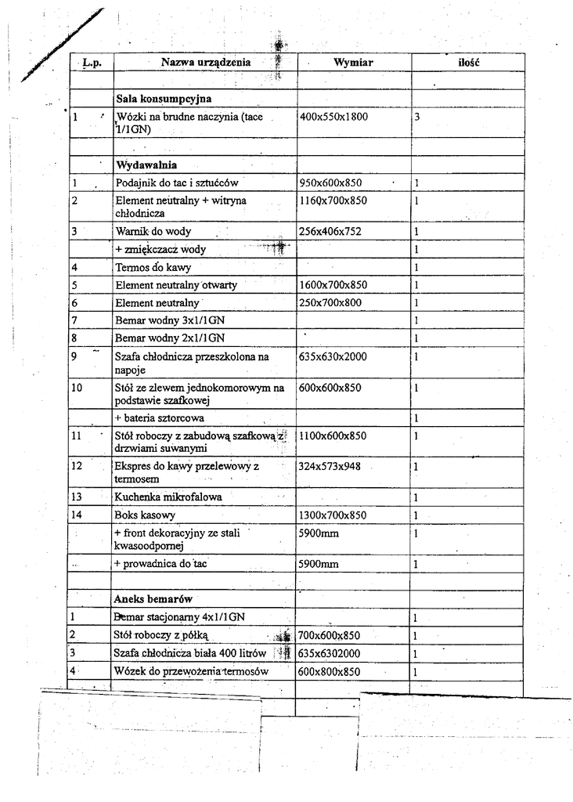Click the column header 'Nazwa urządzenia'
tap(206, 61)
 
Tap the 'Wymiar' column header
tap(353, 61)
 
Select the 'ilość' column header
tap(468, 61)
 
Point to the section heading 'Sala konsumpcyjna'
tap(164, 99)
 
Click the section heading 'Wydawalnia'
tap(146, 165)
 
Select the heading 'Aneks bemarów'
tap(153, 598)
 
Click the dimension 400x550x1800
tap(333, 117)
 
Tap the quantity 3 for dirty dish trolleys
tap(418, 117)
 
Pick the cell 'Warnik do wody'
tap(153, 232)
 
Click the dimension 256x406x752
tap(330, 232)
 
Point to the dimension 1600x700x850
tap(333, 285)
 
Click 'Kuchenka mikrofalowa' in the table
tap(168, 497)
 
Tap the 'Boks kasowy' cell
tap(145, 515)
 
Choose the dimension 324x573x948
tap(330, 466)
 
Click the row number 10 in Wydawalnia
tap(77, 388)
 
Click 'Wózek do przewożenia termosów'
tap(192, 672)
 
